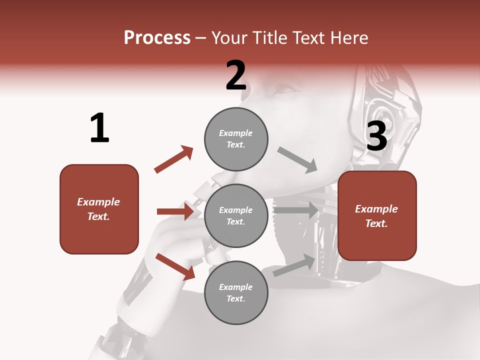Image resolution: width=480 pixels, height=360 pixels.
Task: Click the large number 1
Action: click(x=99, y=128)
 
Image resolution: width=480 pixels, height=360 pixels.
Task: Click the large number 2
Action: click(x=236, y=75)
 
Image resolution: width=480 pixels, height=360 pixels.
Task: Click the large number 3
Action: click(x=377, y=136)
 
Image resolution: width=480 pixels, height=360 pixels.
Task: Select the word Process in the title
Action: click(x=157, y=37)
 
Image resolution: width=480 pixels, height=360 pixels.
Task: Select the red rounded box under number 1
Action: click(x=99, y=209)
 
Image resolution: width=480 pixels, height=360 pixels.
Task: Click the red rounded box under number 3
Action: click(x=377, y=215)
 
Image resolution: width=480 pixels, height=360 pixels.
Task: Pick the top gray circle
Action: click(x=236, y=139)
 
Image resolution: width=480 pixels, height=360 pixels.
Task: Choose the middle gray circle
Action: click(x=236, y=215)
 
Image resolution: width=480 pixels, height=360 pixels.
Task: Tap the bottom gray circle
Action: click(x=236, y=292)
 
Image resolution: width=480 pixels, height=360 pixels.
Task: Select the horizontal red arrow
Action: click(x=175, y=211)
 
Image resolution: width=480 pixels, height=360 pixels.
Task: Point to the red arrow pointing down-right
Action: click(x=175, y=266)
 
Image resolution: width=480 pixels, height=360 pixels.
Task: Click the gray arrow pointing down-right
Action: click(x=297, y=159)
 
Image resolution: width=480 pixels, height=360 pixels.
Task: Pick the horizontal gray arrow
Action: click(x=296, y=210)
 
